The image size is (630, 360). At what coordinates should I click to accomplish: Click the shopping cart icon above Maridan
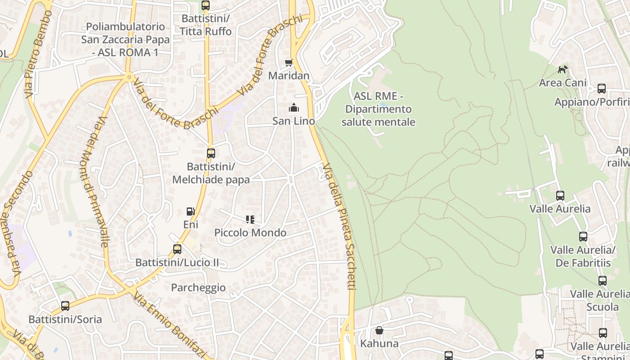288,63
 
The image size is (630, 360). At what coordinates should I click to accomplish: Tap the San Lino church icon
293,108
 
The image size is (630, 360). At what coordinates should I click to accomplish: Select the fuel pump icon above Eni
191,211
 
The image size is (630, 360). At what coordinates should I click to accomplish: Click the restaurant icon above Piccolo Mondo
250,220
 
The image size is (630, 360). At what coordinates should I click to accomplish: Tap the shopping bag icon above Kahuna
379,330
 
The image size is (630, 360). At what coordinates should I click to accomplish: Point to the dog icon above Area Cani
562,69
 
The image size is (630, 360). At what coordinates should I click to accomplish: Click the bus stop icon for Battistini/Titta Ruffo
206,5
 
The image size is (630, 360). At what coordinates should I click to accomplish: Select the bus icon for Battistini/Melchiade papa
211,153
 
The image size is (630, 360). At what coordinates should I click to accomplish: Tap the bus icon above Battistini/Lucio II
177,249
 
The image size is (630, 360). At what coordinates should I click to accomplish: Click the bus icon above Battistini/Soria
65,306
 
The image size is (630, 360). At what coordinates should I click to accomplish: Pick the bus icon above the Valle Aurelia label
560,196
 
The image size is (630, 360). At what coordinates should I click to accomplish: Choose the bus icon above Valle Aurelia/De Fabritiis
583,236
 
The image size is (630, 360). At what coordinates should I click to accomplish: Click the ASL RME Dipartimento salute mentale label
378,109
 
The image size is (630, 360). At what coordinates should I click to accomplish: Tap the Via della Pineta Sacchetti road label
340,225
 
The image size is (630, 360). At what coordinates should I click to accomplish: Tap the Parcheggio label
198,288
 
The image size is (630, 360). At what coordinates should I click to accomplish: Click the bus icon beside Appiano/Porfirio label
602,89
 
